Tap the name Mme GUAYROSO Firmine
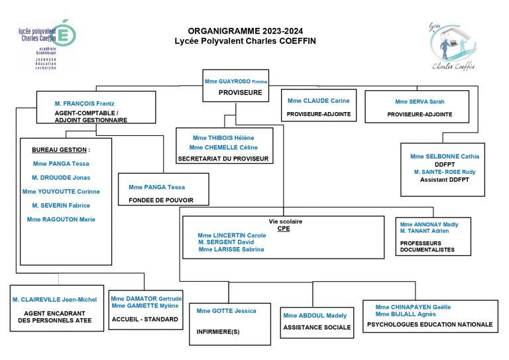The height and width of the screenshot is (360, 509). point(235,81)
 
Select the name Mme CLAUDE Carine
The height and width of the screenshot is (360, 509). point(318,101)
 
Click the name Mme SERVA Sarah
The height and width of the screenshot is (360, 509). point(420,101)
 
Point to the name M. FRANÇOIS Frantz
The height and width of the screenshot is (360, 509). point(84,104)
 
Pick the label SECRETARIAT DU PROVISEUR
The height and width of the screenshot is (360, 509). point(223,159)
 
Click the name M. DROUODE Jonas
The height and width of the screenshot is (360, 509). point(61,177)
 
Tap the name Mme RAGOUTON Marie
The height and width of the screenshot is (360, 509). point(61,219)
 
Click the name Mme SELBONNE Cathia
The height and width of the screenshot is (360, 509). point(443,156)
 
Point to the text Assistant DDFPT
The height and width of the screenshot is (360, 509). point(443,180)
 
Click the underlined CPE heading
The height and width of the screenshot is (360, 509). point(284,228)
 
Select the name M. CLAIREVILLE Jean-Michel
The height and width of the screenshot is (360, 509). point(54,300)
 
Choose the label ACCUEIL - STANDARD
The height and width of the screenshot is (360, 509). point(145,319)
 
